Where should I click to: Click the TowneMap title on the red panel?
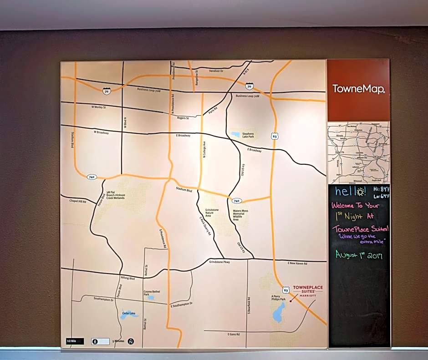[358, 89]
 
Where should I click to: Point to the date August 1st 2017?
[359, 255]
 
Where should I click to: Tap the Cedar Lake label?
[128, 313]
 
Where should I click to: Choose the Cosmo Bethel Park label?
[152, 293]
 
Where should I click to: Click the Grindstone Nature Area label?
[212, 213]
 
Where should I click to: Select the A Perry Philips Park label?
[278, 299]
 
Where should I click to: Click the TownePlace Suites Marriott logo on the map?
[307, 290]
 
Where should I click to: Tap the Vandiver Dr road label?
[216, 71]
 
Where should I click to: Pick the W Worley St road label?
[98, 107]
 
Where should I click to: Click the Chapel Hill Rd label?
[77, 201]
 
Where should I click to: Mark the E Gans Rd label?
[233, 335]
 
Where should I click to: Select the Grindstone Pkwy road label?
[219, 262]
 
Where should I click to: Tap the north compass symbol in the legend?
[131, 341]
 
